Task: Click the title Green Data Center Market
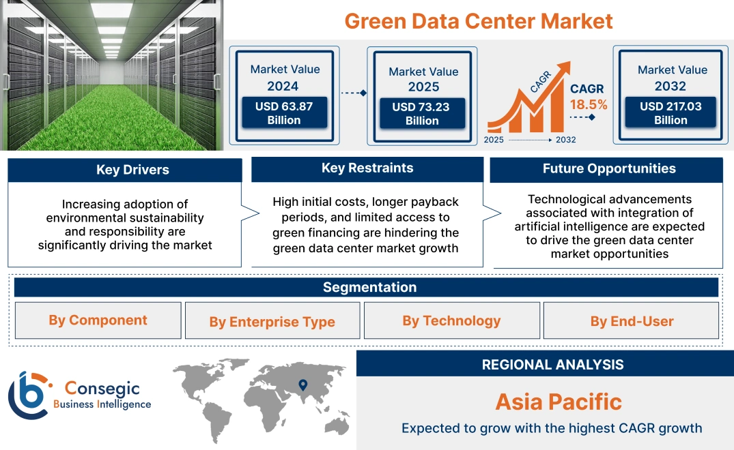pos(478,20)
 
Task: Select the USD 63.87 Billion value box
pos(284,112)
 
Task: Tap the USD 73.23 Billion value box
pos(422,114)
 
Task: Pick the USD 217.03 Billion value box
pos(671,112)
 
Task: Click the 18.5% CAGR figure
pos(588,104)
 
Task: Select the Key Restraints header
pos(367,168)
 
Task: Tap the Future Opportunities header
pos(609,168)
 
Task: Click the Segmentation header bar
pos(369,287)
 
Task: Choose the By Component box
pos(98,320)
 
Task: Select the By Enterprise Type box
pos(272,322)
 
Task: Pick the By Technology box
pos(451,320)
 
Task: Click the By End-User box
pos(632,321)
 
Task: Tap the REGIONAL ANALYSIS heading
pos(552,365)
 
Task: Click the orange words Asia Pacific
pos(559,402)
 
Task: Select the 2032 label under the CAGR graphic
pos(565,140)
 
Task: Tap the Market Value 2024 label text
pos(285,77)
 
